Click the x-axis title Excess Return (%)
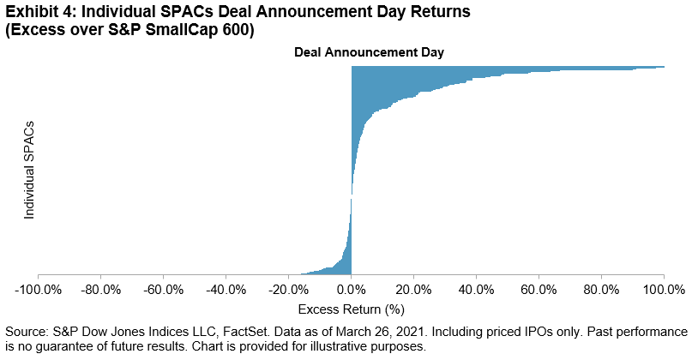pos(351,309)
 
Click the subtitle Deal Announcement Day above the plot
pos(351,52)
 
